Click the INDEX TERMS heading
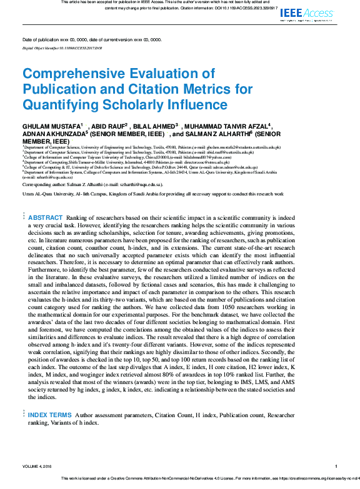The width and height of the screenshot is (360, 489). point(49,415)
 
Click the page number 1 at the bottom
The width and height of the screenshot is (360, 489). point(336,467)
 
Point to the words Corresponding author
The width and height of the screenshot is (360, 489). point(44,185)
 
